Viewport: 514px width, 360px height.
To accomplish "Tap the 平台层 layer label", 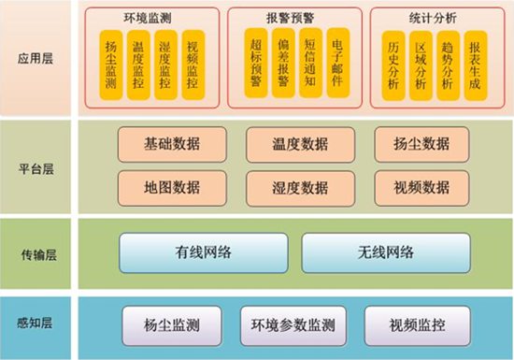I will tap(38, 168).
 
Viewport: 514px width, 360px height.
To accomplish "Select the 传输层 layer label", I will tap(38, 253).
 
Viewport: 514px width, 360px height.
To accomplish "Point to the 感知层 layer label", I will tap(38, 324).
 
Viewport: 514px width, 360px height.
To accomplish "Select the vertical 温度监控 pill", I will tap(139, 64).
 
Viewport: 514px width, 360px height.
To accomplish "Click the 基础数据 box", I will tap(172, 145).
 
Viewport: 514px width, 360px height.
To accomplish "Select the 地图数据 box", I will tap(172, 187).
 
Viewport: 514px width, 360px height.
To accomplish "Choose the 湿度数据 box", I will tap(301, 187).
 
